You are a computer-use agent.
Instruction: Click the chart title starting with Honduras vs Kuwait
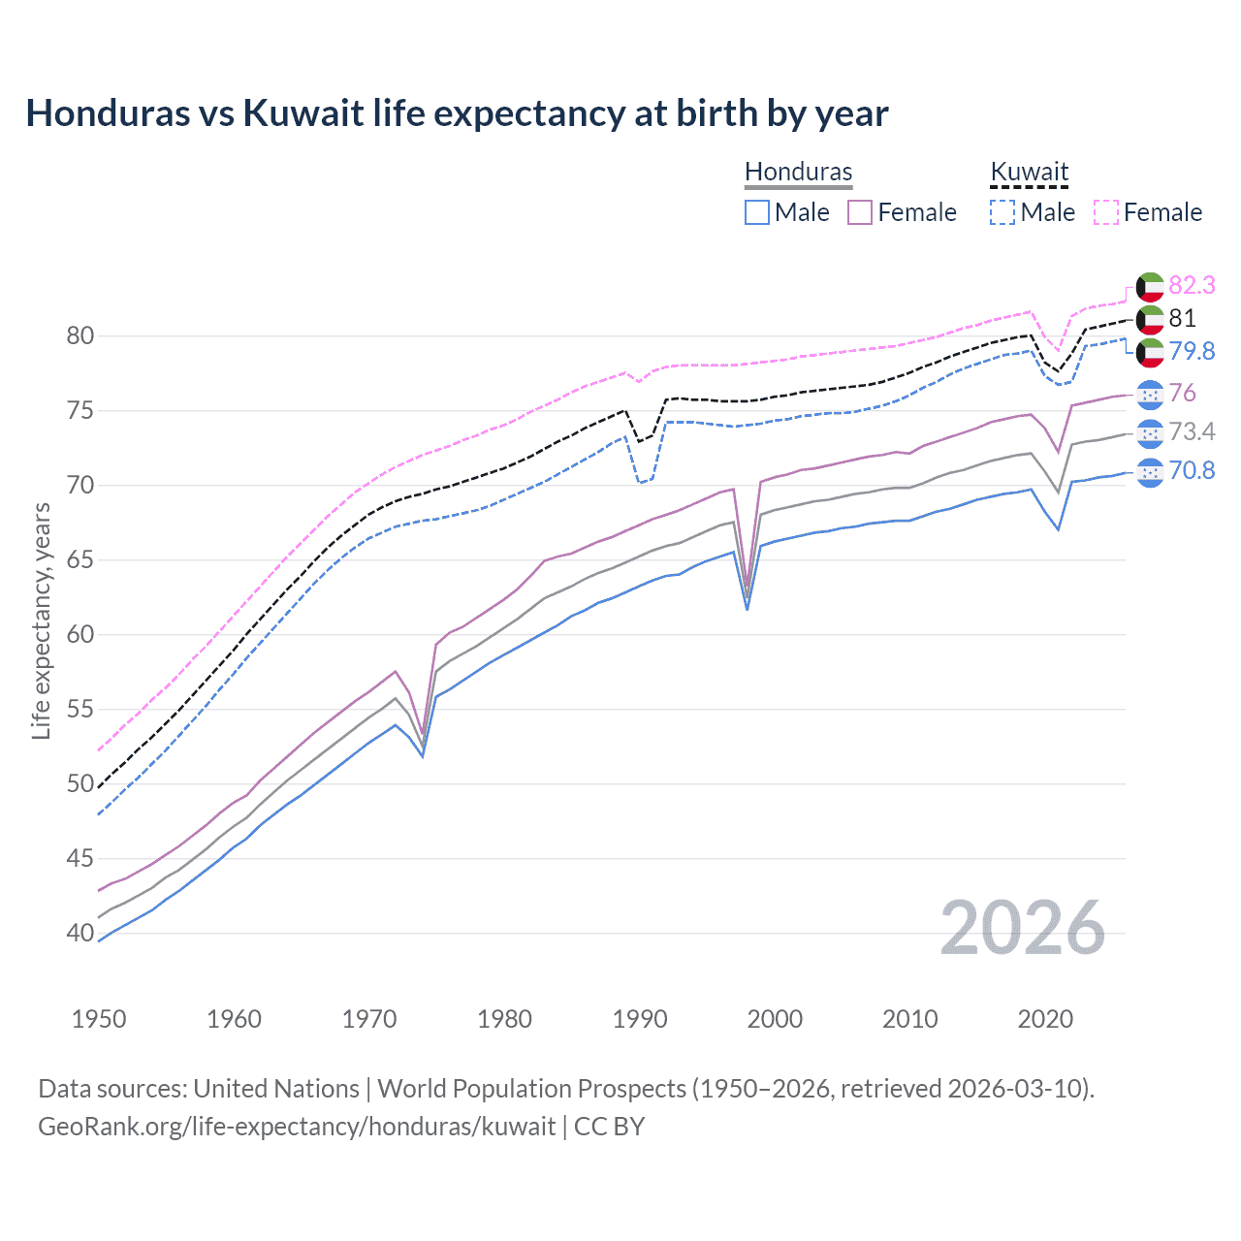point(457,113)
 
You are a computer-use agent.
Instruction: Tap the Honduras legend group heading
point(798,172)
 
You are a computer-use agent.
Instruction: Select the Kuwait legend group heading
point(1029,172)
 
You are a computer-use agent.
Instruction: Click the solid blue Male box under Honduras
point(757,212)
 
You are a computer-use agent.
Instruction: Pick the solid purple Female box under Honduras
point(860,212)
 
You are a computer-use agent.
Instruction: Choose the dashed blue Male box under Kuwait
point(1002,212)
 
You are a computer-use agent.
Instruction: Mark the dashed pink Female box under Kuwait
point(1106,212)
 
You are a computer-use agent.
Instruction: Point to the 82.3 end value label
point(1192,285)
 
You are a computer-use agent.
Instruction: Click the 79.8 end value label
point(1192,351)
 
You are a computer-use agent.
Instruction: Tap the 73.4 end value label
point(1192,431)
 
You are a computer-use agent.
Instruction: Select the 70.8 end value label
point(1192,470)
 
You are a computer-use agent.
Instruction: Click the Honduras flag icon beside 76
point(1150,394)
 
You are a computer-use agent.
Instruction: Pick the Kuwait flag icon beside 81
point(1150,319)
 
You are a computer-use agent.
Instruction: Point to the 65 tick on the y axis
point(80,560)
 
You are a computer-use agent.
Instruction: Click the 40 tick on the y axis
point(80,934)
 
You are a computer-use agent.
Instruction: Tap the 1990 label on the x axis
point(640,1019)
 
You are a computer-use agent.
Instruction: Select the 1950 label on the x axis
point(99,1019)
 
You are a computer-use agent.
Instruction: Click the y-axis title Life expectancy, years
point(41,620)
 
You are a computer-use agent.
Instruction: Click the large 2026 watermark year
point(1023,929)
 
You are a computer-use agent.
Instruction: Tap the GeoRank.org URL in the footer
point(297,1127)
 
